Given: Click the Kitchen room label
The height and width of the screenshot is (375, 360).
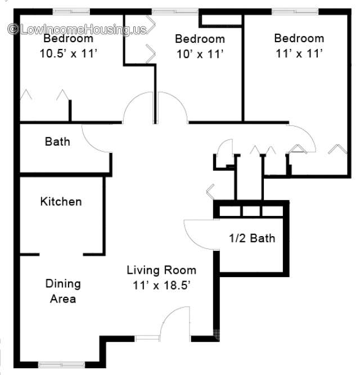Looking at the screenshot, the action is (61, 202).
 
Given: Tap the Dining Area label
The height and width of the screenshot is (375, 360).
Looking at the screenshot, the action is (63, 291).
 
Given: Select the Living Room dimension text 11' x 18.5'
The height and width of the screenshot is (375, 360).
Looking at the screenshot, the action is (161, 285).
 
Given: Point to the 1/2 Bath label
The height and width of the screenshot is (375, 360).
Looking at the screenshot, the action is (252, 238).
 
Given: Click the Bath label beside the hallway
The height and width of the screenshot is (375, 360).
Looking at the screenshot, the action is (57, 141).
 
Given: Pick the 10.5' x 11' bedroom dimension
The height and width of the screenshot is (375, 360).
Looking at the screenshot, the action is (69, 53).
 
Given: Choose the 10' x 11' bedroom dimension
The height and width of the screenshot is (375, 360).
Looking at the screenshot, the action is (200, 54).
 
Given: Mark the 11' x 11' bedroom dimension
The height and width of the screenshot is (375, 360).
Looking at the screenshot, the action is (299, 53).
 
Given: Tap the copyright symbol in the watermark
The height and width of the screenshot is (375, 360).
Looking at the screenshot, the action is (13, 29).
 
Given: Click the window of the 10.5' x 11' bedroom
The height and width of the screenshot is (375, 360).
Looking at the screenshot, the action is (71, 11).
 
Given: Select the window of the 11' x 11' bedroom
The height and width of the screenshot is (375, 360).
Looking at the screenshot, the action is (295, 11).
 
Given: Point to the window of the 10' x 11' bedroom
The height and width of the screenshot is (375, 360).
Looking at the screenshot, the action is (175, 11).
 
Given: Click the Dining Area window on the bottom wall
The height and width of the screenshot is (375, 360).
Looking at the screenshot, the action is (61, 365).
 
